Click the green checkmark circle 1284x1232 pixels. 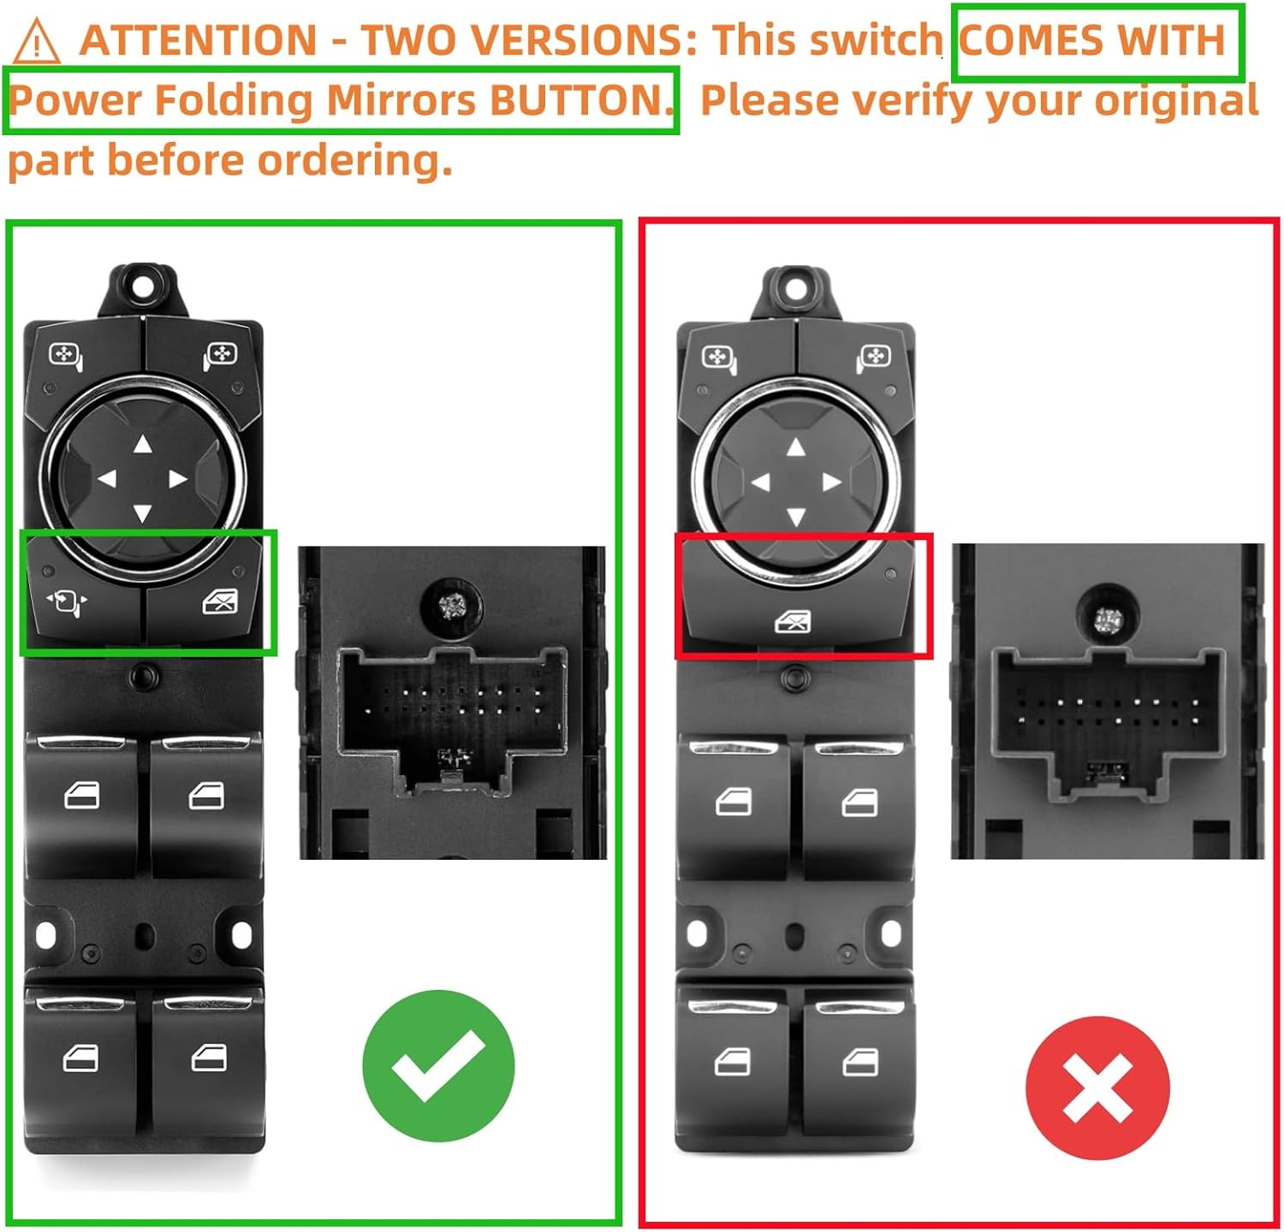coord(437,1065)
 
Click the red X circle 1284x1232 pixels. coord(1097,1087)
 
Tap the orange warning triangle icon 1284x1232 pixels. coord(37,43)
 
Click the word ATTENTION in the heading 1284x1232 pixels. coord(198,40)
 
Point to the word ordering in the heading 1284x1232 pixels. coord(354,160)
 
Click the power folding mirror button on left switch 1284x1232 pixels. coord(67,601)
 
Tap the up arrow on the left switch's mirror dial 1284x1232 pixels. coord(143,444)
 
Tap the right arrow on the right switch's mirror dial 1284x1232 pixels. coord(831,483)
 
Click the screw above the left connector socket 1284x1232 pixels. coord(451,607)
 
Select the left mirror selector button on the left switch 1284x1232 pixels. coord(67,354)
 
